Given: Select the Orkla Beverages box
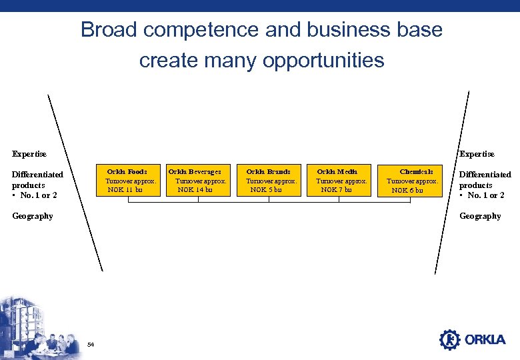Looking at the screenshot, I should point(198,181).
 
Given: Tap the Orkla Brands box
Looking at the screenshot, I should point(269,181).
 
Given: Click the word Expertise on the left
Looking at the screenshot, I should point(29,154).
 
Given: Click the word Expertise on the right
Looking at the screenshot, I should point(477,154).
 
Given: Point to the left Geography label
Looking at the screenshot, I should point(32,216).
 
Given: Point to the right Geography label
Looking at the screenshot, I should point(480,216).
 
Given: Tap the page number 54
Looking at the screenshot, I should point(91,344).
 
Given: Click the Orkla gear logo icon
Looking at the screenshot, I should point(450,339).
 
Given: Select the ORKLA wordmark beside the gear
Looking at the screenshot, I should point(485,340).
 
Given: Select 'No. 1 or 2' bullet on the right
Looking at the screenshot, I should point(485,195).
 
